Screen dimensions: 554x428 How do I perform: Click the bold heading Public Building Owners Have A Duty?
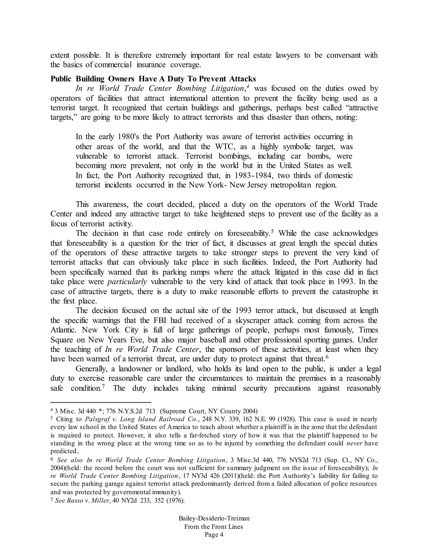[153, 79]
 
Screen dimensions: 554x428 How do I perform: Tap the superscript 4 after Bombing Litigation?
[248, 87]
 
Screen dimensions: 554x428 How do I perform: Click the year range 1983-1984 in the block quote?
[254, 176]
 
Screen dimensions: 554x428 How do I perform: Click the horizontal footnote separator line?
[101, 402]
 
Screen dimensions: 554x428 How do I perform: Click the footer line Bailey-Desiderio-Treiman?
[214, 518]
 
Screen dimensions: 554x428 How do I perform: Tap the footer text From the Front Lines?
[214, 527]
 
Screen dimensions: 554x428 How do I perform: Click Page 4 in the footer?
[214, 535]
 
